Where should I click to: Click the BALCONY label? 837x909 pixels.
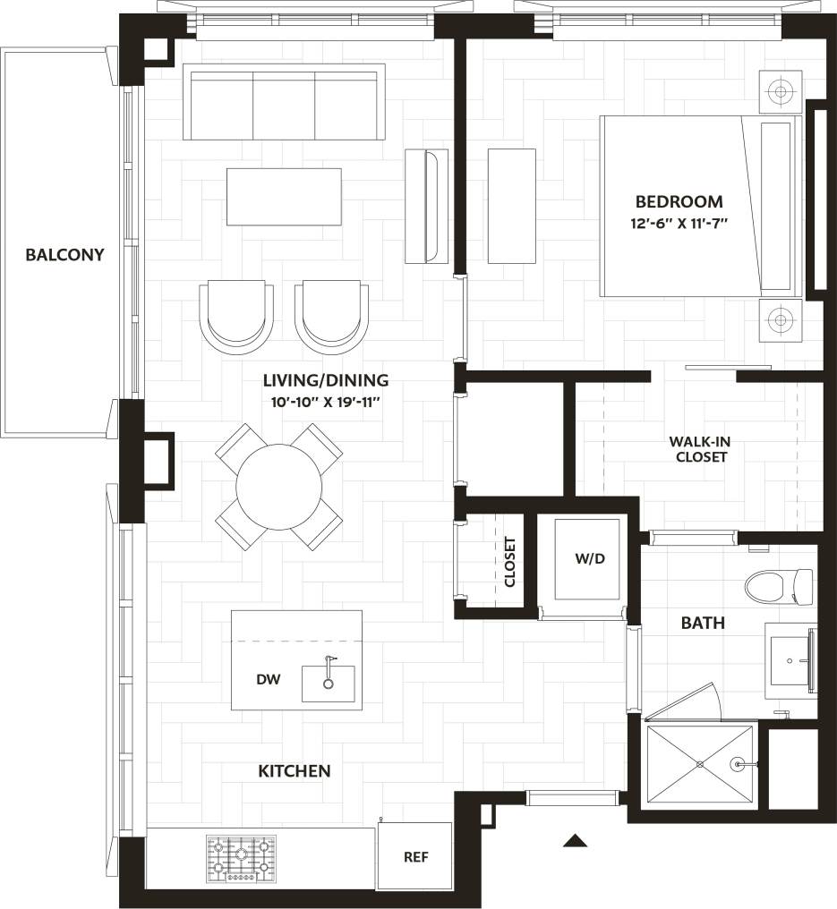pos(64,255)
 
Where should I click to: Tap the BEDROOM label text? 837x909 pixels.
pos(679,201)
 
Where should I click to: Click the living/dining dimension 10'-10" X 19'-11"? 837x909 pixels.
pos(327,403)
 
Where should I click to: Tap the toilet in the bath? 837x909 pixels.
pos(777,586)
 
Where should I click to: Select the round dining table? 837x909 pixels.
pos(278,488)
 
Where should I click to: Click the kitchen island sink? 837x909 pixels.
pos(328,684)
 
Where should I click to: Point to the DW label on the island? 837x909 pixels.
pos(269,680)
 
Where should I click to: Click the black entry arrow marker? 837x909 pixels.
pos(575,840)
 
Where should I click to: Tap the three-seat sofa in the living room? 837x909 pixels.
pos(284,102)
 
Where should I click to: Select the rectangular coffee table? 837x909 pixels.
pos(284,197)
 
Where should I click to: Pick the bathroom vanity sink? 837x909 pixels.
pos(790,660)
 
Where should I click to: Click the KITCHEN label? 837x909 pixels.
pos(295,771)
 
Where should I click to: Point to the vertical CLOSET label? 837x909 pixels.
pos(510,562)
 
